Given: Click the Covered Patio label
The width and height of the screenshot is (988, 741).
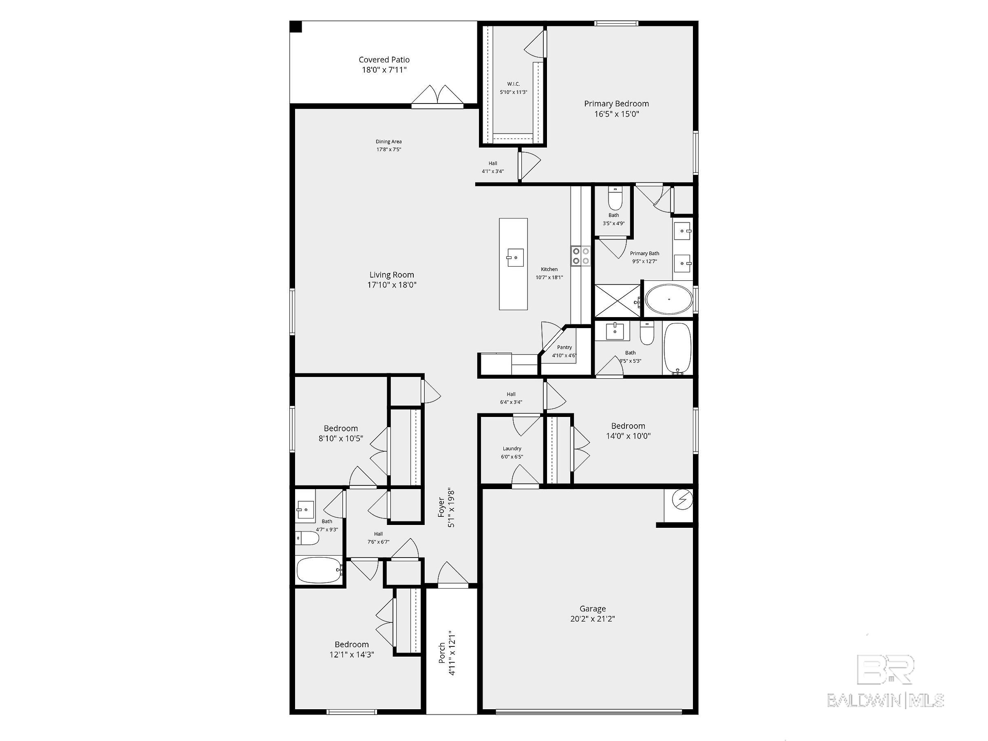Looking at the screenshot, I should coord(384,60).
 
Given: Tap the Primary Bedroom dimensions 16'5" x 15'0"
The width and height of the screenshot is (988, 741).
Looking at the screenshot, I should coord(616,114).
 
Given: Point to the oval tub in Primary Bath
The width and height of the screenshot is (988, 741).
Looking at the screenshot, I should coord(668,299).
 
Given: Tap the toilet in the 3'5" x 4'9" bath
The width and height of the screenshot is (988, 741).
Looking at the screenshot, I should coord(615,199).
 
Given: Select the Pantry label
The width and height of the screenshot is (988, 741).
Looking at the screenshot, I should coord(564,347).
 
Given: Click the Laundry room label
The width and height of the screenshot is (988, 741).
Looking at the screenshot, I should coord(512,448).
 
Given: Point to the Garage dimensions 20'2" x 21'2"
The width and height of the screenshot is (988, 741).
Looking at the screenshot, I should coord(592,619).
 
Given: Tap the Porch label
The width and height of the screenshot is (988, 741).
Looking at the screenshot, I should coord(442,652).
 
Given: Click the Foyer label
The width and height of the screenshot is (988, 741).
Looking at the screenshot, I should coord(442,508).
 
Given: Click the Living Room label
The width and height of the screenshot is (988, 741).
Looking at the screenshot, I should coord(391,275).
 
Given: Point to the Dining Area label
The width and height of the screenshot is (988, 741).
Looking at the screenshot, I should coord(388,141).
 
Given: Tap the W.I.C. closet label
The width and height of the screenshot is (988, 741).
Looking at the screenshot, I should coord(513,84).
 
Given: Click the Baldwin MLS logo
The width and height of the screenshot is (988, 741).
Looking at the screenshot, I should coord(885,683).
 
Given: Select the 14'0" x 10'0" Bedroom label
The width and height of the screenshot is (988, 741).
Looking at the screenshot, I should coord(628,426).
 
